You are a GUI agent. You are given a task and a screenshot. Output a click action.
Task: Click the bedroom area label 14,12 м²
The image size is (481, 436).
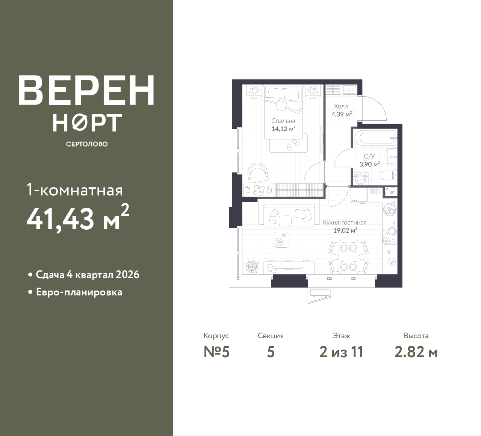283,129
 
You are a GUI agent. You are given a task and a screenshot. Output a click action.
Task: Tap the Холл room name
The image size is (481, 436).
341,106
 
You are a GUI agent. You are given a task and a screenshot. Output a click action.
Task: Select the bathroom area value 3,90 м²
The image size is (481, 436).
369,164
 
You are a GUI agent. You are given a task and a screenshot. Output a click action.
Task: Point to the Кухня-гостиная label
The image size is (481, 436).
345,223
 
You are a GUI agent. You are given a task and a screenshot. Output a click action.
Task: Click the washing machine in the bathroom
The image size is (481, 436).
361,179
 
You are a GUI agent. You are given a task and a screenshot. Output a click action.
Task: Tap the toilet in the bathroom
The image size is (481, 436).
389,175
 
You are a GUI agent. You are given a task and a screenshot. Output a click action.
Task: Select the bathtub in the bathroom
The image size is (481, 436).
375,138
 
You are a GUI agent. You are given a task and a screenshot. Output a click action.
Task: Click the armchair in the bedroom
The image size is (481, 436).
258,173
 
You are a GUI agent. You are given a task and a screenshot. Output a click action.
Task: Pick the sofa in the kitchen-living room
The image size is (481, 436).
289,215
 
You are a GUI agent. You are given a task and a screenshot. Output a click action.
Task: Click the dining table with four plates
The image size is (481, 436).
348,257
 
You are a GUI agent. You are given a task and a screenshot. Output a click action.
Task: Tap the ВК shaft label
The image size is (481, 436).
392,192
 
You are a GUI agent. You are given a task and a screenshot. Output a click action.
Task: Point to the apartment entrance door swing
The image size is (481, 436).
374,108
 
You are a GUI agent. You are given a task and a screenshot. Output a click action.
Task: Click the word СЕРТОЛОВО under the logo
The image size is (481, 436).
87,144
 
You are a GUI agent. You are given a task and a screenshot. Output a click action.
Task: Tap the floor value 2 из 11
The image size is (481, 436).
341,352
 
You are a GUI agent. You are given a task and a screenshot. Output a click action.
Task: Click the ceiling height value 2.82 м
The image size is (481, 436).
416,352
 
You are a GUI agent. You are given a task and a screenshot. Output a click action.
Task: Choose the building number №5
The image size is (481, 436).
216,352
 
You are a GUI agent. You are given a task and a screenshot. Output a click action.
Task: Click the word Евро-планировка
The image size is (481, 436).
79,292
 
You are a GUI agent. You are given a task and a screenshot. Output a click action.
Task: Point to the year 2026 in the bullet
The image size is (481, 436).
127,275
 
